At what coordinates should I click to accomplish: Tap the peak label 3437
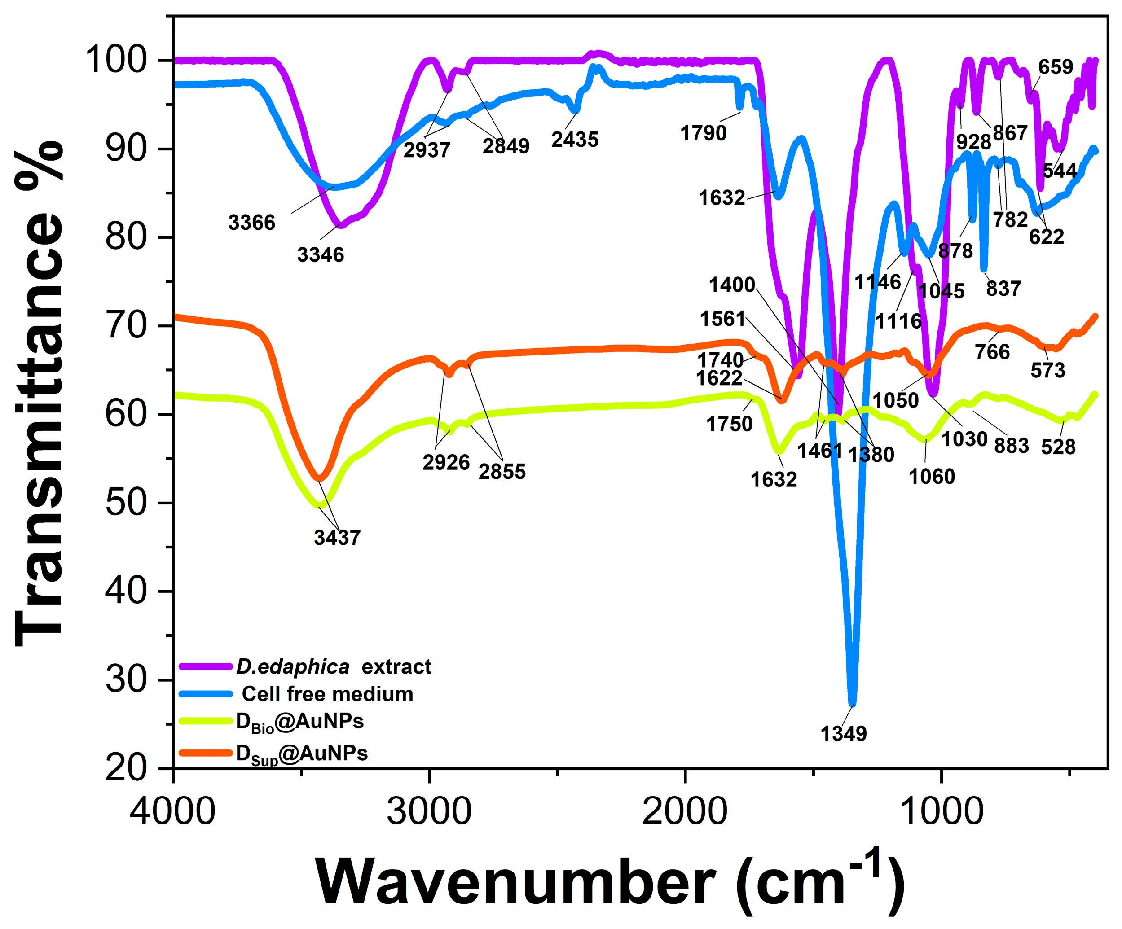[337, 537]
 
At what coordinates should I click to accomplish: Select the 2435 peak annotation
[575, 140]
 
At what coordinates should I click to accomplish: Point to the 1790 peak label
[703, 133]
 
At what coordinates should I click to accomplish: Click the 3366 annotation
[251, 222]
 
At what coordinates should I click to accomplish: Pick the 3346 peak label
[321, 255]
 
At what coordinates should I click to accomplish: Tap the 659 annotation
[1055, 67]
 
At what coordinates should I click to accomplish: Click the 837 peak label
[1003, 289]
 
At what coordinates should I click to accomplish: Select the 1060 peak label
[932, 477]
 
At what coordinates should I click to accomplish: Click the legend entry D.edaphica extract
[334, 667]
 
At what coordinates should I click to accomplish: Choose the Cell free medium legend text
[327, 694]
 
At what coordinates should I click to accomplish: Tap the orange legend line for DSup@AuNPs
[206, 753]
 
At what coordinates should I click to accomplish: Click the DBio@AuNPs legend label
[300, 722]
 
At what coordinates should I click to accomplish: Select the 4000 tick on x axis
[172, 811]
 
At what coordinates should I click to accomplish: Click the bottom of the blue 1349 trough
[852, 704]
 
